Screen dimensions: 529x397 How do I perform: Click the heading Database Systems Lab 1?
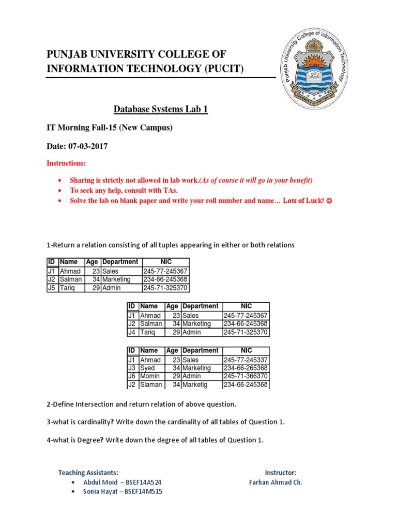pos(160,110)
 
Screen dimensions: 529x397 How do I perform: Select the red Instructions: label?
pos(66,163)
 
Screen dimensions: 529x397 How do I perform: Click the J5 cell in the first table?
pos(52,288)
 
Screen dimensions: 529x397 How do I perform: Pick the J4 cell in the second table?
pos(132,332)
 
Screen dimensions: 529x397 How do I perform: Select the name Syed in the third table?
pos(147,368)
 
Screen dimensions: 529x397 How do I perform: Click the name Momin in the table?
pos(150,377)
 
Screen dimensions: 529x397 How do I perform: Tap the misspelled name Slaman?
pos(151,385)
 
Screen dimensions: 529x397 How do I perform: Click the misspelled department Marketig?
pos(198,385)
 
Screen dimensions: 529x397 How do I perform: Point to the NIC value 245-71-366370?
pos(246,377)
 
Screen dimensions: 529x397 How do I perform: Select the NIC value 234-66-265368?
pos(246,368)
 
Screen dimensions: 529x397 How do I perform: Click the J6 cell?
pos(132,377)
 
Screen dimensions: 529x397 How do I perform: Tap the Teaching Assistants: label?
pos(88,473)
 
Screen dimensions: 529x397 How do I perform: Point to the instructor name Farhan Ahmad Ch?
pos(276,483)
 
